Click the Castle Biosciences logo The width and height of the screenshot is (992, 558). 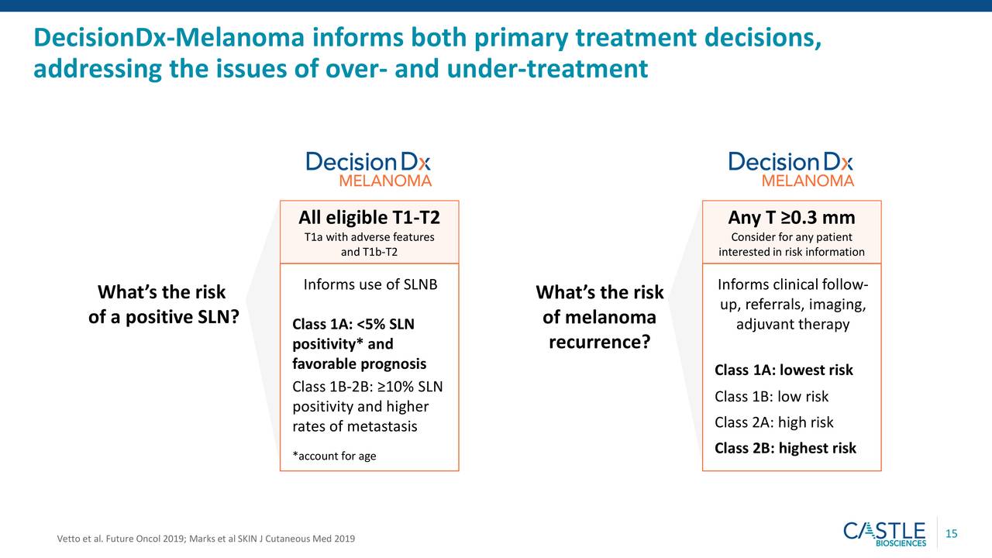(884, 534)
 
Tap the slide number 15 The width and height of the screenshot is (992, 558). (951, 534)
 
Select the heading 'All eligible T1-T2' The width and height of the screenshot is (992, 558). (370, 218)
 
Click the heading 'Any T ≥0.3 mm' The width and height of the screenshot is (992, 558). (791, 218)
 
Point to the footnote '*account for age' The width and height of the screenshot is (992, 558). (334, 456)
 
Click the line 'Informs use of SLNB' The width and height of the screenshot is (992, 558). (370, 284)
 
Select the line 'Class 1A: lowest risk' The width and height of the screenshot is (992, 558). (784, 370)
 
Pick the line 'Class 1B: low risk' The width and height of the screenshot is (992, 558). (771, 396)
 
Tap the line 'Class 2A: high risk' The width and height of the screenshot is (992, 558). (774, 422)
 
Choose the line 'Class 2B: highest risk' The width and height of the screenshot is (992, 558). (785, 448)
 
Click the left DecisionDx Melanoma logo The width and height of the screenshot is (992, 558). (368, 169)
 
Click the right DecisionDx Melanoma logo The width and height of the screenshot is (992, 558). (791, 169)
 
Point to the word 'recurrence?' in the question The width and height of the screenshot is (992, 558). (600, 342)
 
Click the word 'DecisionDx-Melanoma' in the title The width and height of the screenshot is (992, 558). (169, 37)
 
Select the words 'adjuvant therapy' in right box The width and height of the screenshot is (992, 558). (793, 324)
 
